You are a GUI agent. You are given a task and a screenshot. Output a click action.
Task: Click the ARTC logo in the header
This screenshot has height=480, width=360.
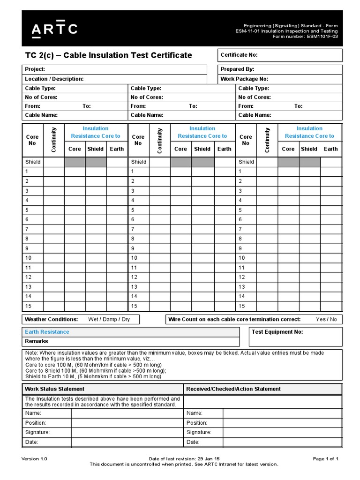(54, 29)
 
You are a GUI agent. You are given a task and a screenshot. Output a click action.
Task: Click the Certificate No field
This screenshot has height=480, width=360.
(279, 55)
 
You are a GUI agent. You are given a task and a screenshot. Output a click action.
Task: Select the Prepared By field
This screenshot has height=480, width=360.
(279, 69)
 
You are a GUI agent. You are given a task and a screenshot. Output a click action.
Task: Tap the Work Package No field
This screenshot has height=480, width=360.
(279, 79)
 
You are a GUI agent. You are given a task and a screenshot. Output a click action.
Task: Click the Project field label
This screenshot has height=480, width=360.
(35, 69)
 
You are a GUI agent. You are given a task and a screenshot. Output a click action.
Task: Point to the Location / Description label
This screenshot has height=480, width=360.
(54, 79)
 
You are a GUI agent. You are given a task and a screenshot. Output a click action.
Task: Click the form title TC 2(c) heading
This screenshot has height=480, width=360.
(108, 55)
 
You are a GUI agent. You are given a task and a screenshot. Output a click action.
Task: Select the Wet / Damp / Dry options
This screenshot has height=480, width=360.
(109, 320)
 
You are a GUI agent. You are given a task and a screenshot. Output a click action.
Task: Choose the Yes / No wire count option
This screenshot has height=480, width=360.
(326, 320)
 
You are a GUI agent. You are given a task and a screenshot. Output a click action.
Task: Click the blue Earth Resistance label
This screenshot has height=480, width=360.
(47, 332)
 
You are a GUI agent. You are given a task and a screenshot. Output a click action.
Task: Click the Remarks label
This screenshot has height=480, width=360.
(37, 342)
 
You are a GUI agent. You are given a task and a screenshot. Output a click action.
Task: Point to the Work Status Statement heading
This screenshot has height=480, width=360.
(55, 389)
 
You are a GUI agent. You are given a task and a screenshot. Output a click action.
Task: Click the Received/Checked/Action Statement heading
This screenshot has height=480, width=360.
(233, 389)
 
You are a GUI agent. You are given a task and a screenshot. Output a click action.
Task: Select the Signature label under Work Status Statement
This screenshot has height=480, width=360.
(37, 432)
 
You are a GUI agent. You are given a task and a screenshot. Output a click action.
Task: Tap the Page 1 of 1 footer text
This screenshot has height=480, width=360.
(325, 459)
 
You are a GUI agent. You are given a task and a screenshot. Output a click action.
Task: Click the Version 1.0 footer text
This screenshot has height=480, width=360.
(35, 459)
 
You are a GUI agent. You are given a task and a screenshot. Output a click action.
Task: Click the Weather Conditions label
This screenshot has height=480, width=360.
(52, 320)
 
